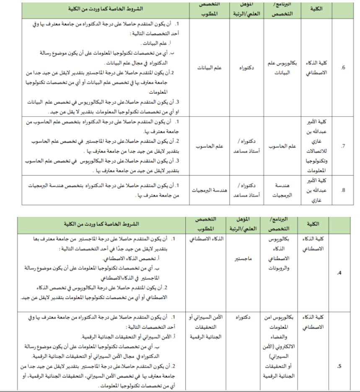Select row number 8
point(343,190)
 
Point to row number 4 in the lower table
point(339,273)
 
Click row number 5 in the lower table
point(339,365)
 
